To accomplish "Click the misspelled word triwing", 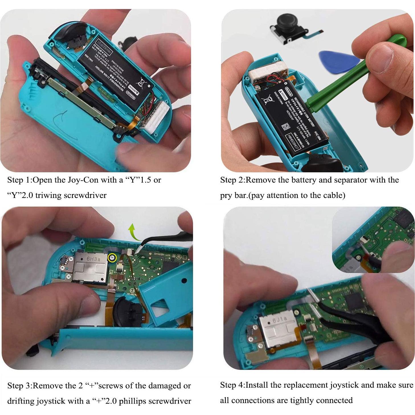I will [48, 195].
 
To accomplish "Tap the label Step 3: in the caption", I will [20, 386].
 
